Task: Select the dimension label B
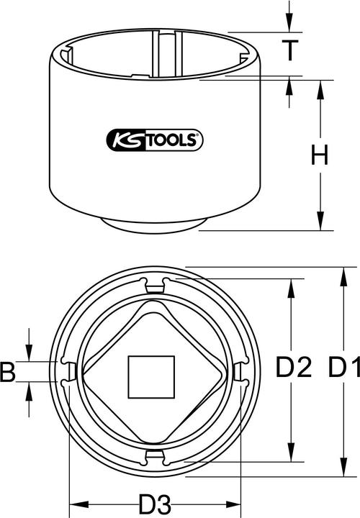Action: (9, 372)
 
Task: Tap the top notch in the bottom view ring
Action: (153, 286)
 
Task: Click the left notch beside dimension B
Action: (69, 372)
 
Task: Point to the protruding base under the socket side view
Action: (153, 225)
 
